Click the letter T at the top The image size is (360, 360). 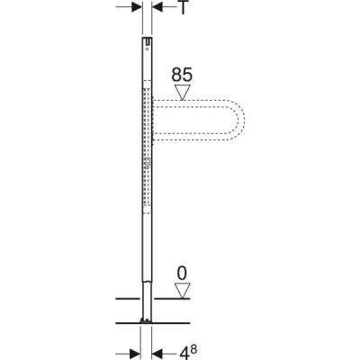pos(183,10)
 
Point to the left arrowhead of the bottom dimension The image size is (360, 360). pos(137,349)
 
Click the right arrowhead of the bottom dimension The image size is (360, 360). pos(154,349)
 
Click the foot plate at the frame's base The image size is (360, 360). pos(146,319)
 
